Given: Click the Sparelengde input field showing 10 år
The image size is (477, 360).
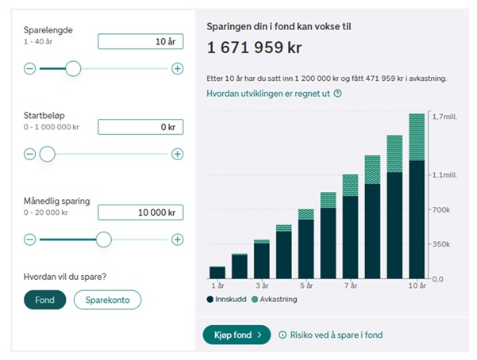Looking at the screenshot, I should tap(140, 42).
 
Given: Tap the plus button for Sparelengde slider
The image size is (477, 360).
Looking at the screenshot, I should tap(178, 69).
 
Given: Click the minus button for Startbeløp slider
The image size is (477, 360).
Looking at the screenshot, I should tap(30, 154).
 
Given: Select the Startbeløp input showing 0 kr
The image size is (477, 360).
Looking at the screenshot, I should tap(140, 127).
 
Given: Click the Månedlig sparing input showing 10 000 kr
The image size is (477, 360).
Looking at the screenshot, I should tap(140, 213).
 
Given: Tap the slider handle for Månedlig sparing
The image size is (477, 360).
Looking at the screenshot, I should tap(103, 239).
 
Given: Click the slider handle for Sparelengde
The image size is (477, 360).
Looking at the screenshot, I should tap(73, 69).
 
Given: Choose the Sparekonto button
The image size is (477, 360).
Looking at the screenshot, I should tap(107, 300).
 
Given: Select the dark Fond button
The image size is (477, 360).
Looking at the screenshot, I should tap(44, 300).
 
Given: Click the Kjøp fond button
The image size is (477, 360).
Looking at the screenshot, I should tap(237, 335).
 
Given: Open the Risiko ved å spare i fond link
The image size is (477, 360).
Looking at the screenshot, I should tap(335, 335).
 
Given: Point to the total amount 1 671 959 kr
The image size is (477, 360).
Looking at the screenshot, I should tap(254, 48).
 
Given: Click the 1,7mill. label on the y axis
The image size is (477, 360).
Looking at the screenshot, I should tap(444, 117).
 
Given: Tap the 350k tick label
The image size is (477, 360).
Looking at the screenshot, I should tap(442, 244).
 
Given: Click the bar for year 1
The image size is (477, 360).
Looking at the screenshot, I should tap(217, 271).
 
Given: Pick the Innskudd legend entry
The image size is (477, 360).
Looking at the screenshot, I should tap(229, 300).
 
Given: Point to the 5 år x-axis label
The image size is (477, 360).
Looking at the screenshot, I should tap(306, 285).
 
